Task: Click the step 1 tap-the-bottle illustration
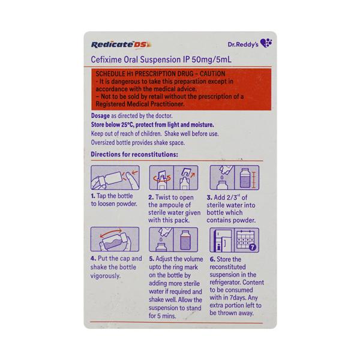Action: click(114, 178)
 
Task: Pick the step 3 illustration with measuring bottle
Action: click(234, 178)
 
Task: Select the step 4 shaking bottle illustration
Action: click(114, 243)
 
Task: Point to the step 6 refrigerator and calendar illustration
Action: click(234, 243)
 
